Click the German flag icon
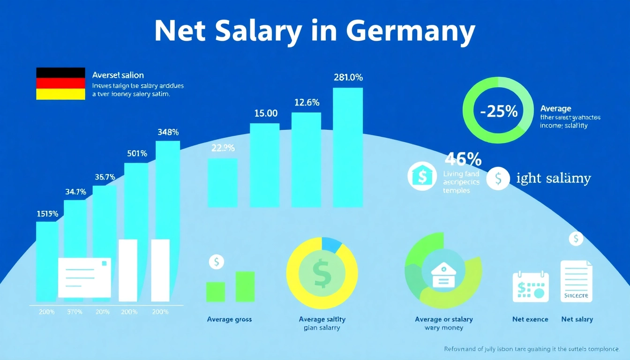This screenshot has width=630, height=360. click(x=60, y=83)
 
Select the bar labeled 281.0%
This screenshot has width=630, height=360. click(x=348, y=147)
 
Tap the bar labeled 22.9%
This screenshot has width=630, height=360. click(x=222, y=183)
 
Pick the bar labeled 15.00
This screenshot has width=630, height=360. click(x=264, y=165)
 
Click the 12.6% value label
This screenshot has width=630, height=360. click(x=307, y=102)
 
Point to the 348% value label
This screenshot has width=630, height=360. click(x=168, y=133)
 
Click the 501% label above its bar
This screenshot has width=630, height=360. click(x=137, y=153)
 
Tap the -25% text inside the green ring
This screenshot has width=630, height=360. click(x=499, y=112)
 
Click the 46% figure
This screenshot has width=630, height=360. click(x=463, y=160)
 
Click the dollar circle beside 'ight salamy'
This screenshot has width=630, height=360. click(x=498, y=179)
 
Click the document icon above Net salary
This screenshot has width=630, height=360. click(x=577, y=281)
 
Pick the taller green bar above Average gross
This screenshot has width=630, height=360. click(x=245, y=286)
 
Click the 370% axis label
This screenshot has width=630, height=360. click(x=75, y=312)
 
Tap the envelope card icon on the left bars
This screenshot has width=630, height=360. click(x=84, y=277)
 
